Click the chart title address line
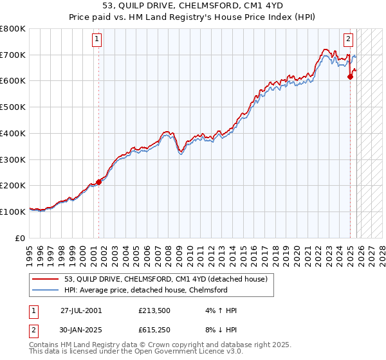point(193,6)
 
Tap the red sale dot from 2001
point(99,182)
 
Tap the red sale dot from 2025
point(350,77)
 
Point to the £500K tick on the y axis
point(14,107)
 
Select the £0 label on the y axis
point(21,238)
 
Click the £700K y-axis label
point(14,55)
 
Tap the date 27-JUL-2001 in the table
point(81,310)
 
